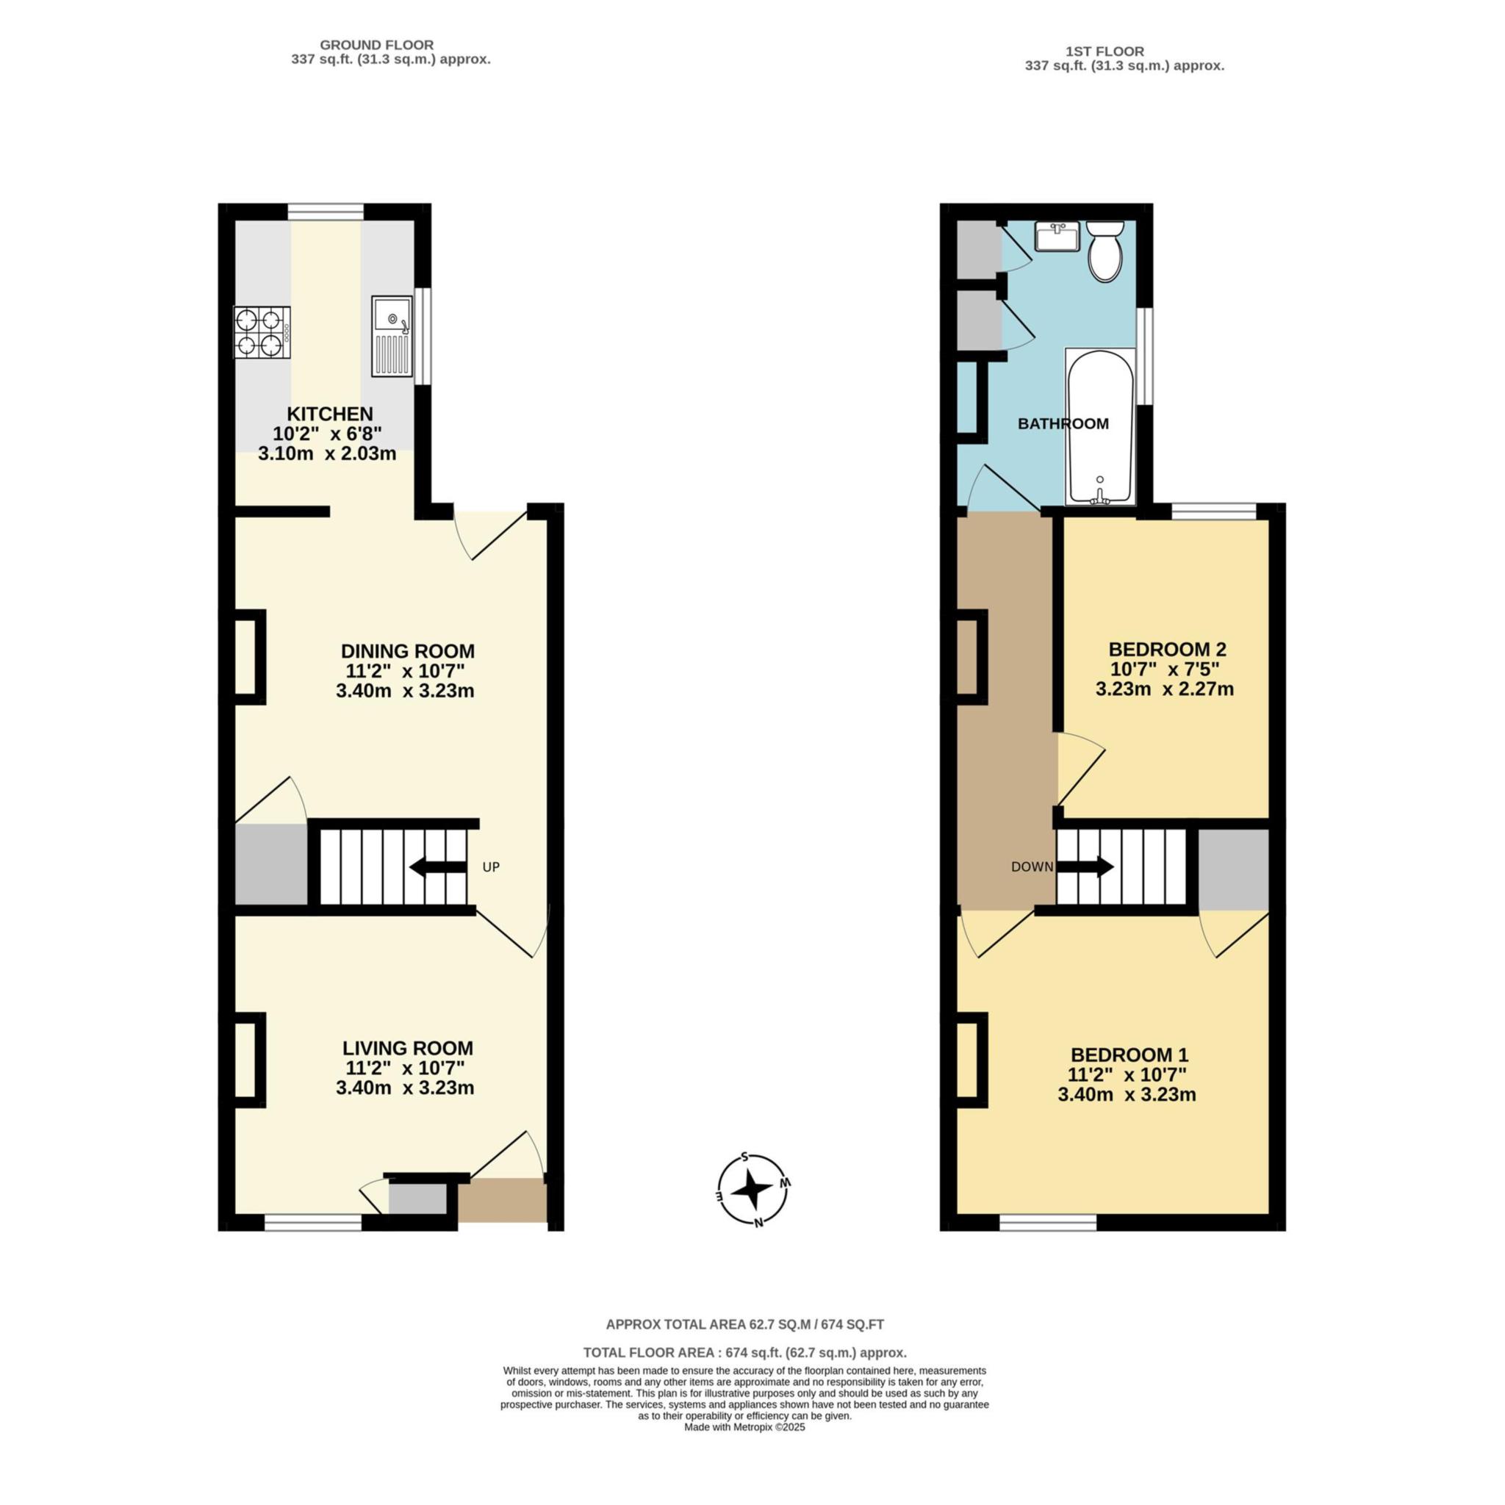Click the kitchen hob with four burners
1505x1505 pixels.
click(x=262, y=333)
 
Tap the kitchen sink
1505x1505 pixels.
click(x=391, y=336)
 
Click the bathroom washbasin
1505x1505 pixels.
click(x=1057, y=236)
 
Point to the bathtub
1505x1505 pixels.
click(x=1100, y=426)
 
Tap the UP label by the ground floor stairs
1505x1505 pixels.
click(x=491, y=867)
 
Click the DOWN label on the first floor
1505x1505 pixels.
click(x=1032, y=867)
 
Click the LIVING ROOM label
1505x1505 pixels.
click(x=407, y=1049)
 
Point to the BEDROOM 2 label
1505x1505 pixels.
click(x=1167, y=649)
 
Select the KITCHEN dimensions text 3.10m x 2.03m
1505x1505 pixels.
click(x=327, y=453)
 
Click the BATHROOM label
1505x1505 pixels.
click(x=1063, y=424)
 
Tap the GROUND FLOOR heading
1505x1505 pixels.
click(x=376, y=45)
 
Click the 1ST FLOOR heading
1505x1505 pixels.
click(x=1104, y=51)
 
